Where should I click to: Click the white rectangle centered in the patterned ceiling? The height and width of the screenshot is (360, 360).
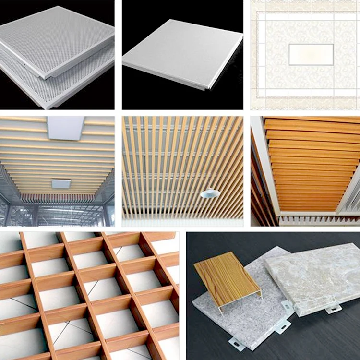pyautogui.click(x=311, y=54)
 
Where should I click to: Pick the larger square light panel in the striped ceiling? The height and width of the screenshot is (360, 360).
pyautogui.click(x=66, y=128)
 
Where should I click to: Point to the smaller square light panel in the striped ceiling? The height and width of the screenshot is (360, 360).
pyautogui.click(x=60, y=183)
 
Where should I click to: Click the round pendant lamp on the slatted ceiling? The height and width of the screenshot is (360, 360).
pyautogui.click(x=210, y=193)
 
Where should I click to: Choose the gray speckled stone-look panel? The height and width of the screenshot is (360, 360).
pyautogui.click(x=240, y=317)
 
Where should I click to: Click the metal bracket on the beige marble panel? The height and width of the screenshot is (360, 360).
pyautogui.click(x=333, y=309)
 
